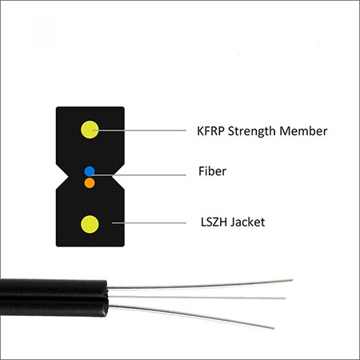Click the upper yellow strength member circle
tap(90, 130)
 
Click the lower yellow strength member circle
tap(90, 224)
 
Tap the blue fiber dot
tap(90, 171)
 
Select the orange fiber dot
tap(90, 183)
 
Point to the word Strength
tap(252, 131)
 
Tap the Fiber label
tap(212, 171)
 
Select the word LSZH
tap(214, 222)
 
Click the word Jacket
tap(248, 222)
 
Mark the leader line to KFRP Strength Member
tap(139, 130)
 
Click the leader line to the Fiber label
tap(139, 175)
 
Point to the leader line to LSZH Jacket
tap(149, 223)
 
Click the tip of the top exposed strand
tap(292, 280)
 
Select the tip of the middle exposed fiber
tap(286, 298)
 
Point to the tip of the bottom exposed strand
tap(274, 328)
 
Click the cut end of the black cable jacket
tap(107, 298)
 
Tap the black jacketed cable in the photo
tap(54, 298)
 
